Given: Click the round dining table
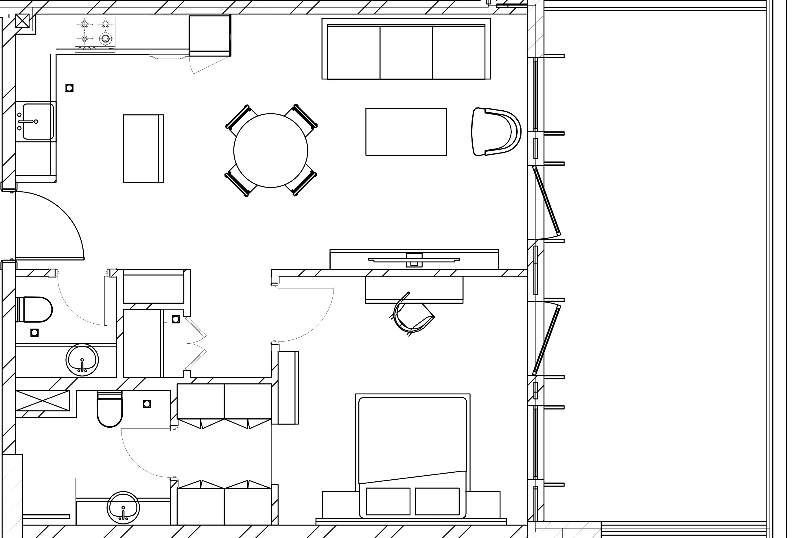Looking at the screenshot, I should (271, 150).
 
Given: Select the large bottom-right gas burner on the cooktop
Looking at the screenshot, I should (106, 38).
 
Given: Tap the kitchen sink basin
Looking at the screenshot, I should (38, 121).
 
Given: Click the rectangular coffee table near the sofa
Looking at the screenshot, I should (406, 132).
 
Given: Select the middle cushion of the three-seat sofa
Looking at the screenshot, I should (406, 52).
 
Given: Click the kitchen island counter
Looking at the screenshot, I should (143, 148).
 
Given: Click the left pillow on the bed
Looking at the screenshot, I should (388, 501).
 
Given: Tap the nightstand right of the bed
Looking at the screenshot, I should (483, 504).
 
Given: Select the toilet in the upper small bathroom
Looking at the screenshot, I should (34, 309).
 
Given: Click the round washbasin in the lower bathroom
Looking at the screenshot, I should (123, 507).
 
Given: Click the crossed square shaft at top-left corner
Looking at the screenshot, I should (22, 21).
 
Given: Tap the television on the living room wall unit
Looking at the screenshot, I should (414, 260).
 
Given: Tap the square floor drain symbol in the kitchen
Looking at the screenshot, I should (69, 88).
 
